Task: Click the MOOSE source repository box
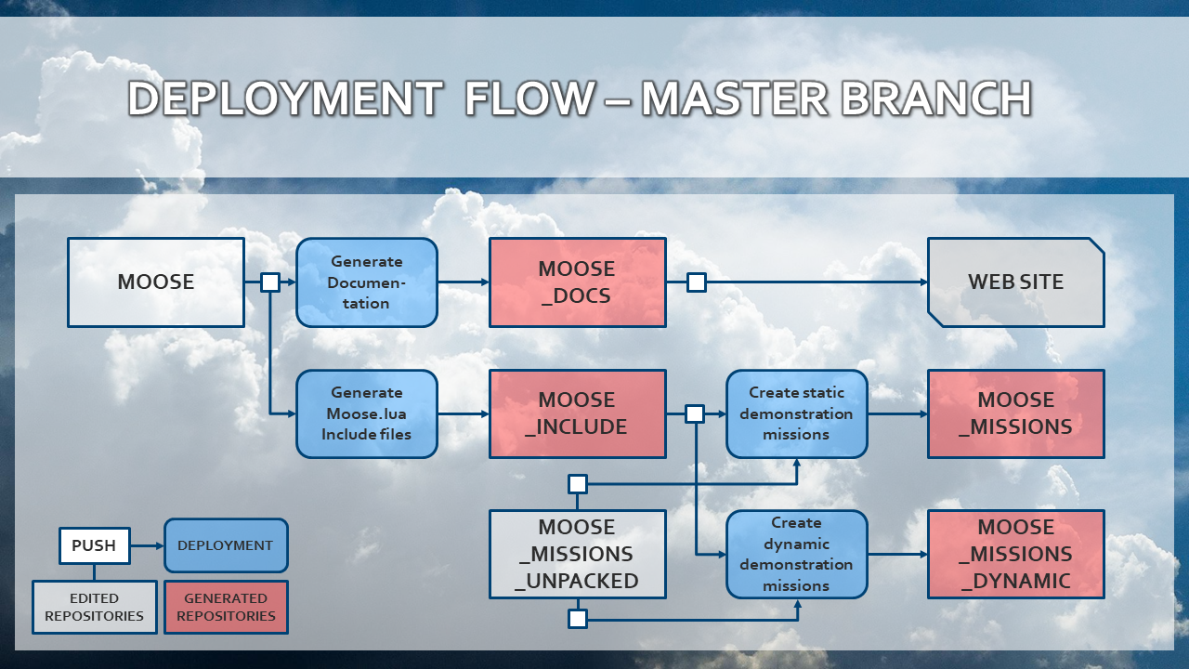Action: pos(156,282)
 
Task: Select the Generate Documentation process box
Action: pos(367,282)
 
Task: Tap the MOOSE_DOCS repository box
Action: pos(578,282)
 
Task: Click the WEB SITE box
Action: pos(1016,282)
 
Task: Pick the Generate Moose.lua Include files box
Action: pos(367,413)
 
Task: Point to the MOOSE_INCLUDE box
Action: pos(578,413)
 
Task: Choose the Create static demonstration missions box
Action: pos(797,413)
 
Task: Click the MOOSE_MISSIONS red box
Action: pos(1016,413)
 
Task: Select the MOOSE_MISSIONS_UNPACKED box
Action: pos(578,554)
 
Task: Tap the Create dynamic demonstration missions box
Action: pos(797,554)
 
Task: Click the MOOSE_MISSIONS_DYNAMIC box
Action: pos(1016,554)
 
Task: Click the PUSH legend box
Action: pos(94,545)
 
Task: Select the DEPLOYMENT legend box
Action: pos(226,545)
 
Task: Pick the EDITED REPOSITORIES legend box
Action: pos(94,607)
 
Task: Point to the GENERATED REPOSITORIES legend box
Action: pos(226,607)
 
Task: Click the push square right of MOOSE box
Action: pos(270,282)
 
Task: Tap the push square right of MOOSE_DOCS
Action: pos(696,282)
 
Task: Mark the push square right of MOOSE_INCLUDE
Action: pos(695,413)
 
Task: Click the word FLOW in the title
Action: pos(529,99)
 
